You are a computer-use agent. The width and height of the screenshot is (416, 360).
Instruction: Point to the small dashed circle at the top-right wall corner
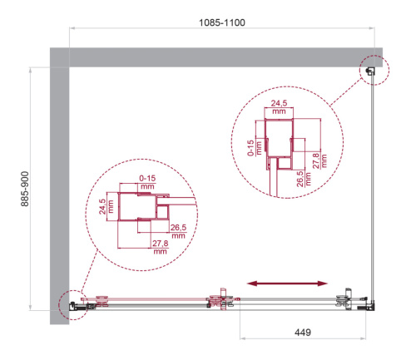pos(371,73)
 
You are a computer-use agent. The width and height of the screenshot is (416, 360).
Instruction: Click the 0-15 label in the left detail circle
pos(148,183)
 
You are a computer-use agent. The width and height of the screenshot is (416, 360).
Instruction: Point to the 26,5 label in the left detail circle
pos(178,230)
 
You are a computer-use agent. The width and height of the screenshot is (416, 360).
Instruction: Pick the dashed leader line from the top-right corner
pos(341,94)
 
